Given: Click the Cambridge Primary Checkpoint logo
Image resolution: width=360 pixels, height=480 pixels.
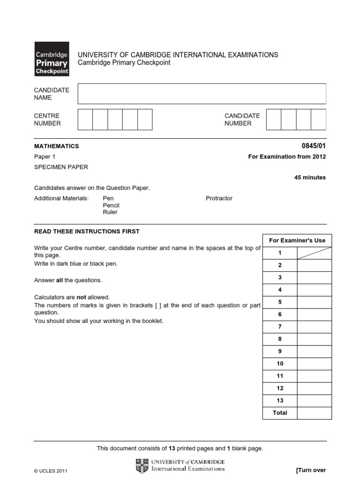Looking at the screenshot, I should tap(52, 59).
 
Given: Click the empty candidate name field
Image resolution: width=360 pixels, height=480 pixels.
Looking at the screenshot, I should tap(202, 94).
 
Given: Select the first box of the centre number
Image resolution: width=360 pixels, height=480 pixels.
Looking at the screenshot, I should tap(85, 119).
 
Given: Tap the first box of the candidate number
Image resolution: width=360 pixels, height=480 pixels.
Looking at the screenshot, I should tap(273, 119).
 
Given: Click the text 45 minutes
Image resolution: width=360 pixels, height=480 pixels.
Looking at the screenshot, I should tap(310, 178).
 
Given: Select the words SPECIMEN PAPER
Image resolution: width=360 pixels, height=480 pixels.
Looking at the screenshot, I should tap(61, 167).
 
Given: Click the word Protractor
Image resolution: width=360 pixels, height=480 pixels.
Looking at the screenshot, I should tap(219, 198).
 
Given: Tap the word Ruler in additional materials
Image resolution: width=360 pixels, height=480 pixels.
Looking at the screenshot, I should tap(110, 212).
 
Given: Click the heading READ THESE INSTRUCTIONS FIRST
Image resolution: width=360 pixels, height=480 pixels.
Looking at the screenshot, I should tap(87, 232).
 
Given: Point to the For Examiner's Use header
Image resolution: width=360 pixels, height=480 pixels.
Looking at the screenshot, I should tap(297, 240).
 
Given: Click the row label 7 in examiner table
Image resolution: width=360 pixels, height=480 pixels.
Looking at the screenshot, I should tap(280, 327).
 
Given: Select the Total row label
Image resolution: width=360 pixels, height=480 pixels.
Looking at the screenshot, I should tap(280, 413).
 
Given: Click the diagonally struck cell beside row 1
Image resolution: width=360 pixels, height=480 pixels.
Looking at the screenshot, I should tap(314, 253).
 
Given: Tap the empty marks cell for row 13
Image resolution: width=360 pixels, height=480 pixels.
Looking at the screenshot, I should tap(314, 401).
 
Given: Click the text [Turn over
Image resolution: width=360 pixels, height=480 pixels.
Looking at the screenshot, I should tap(311, 470).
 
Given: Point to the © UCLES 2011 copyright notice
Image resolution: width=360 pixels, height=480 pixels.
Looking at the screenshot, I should tap(51, 471).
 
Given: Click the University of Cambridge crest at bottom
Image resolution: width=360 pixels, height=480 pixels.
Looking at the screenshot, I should tap(142, 465).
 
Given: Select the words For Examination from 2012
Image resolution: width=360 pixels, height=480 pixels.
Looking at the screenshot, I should tap(287, 157).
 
